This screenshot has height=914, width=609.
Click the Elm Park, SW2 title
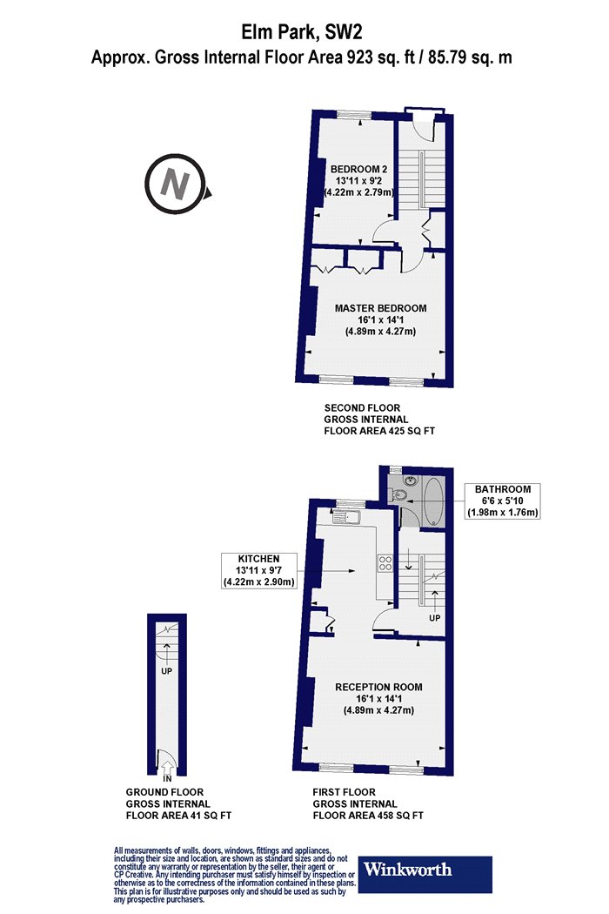tap(303, 31)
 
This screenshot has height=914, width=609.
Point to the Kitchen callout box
tap(258, 570)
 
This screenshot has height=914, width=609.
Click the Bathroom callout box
tap(502, 501)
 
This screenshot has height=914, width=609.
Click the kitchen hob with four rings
tap(385, 562)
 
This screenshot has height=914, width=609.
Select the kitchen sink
tap(347, 516)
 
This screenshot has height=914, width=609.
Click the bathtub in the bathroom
tap(433, 501)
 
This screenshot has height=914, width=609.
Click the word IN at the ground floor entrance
tap(167, 779)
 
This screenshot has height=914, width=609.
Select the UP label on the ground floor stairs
tap(167, 671)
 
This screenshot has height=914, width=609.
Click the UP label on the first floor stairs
tap(434, 617)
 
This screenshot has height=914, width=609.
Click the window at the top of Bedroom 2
tap(352, 114)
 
